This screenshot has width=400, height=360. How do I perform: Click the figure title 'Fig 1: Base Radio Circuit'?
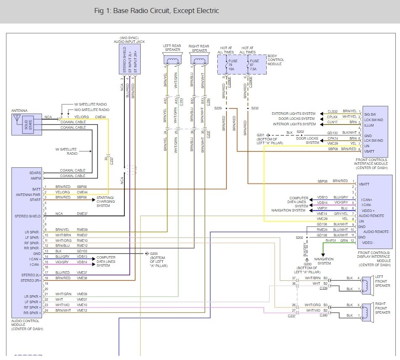156,11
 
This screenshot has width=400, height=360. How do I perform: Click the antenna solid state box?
28,124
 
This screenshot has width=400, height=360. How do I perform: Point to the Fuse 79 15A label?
232,65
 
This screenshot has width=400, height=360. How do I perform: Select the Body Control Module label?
276,60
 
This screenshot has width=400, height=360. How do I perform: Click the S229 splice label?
218,108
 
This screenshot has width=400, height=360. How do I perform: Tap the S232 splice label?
255,108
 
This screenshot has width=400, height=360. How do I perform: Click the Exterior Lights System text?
294,114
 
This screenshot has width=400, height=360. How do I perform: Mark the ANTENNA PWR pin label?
28,195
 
